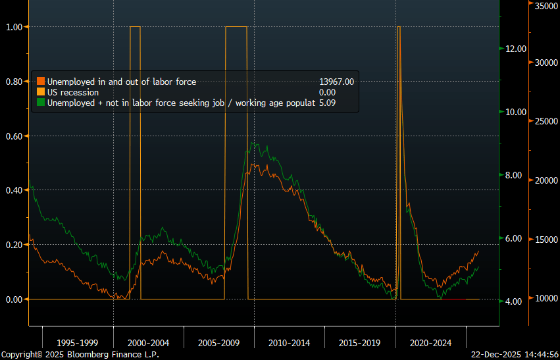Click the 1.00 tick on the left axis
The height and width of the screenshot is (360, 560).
click(x=14, y=27)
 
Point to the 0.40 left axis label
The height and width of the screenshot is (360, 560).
click(x=14, y=190)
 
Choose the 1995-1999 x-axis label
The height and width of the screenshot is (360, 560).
click(x=78, y=343)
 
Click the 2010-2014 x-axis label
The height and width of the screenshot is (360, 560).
click(x=290, y=343)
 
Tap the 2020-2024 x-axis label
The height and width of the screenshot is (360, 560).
click(x=430, y=343)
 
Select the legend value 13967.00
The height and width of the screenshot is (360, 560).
click(x=336, y=82)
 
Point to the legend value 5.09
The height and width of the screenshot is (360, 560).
click(x=327, y=103)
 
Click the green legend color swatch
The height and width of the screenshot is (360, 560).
click(x=41, y=103)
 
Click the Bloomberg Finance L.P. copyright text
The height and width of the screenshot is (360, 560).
click(x=80, y=354)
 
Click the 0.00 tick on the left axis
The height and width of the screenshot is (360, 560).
click(x=14, y=299)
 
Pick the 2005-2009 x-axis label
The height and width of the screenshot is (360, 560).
click(x=218, y=343)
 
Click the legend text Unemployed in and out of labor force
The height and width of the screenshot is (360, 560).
click(x=122, y=82)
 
